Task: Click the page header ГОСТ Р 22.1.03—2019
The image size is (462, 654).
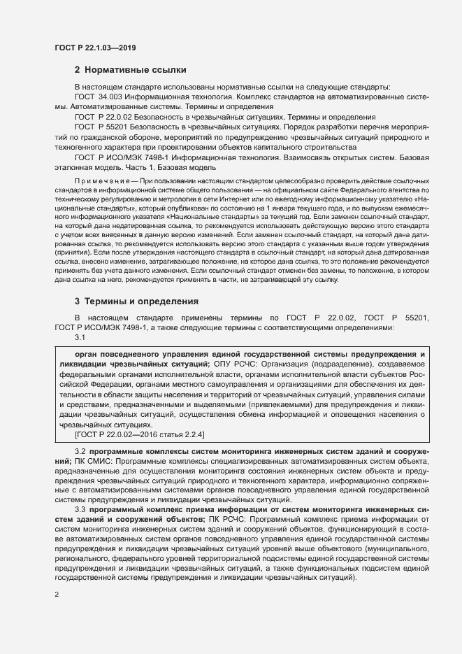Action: [94, 48]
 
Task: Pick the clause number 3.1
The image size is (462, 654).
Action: [80, 338]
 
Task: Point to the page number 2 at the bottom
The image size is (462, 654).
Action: [57, 595]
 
